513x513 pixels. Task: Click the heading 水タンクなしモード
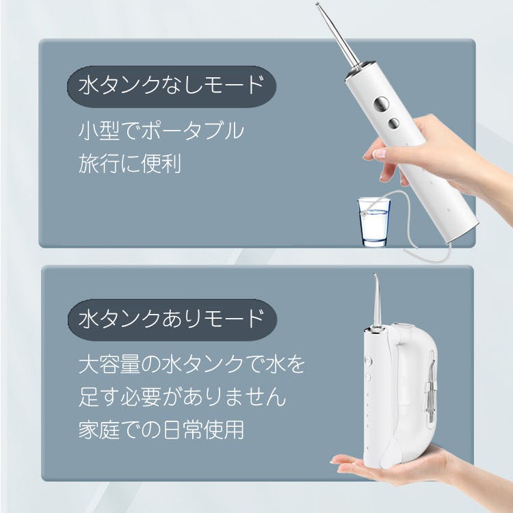click(x=172, y=85)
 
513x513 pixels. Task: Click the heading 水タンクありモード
click(x=172, y=319)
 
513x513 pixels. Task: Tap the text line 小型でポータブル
click(x=161, y=131)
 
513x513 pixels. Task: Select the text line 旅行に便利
click(x=130, y=163)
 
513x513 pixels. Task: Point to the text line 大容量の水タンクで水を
click(x=192, y=365)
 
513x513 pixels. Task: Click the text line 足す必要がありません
click(x=182, y=397)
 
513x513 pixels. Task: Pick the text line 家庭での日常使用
click(x=161, y=430)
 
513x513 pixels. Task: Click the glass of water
click(x=374, y=222)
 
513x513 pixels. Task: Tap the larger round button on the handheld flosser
click(x=381, y=105)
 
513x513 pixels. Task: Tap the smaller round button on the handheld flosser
click(x=393, y=123)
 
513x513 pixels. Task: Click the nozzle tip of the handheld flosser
click(x=317, y=4)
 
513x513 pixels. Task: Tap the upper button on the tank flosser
click(x=369, y=361)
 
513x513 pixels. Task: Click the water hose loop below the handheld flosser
click(x=409, y=226)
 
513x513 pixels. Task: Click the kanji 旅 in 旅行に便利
click(x=89, y=163)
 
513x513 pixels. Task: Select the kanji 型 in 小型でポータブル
click(x=109, y=131)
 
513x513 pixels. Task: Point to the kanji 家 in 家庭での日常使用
click(x=89, y=430)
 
